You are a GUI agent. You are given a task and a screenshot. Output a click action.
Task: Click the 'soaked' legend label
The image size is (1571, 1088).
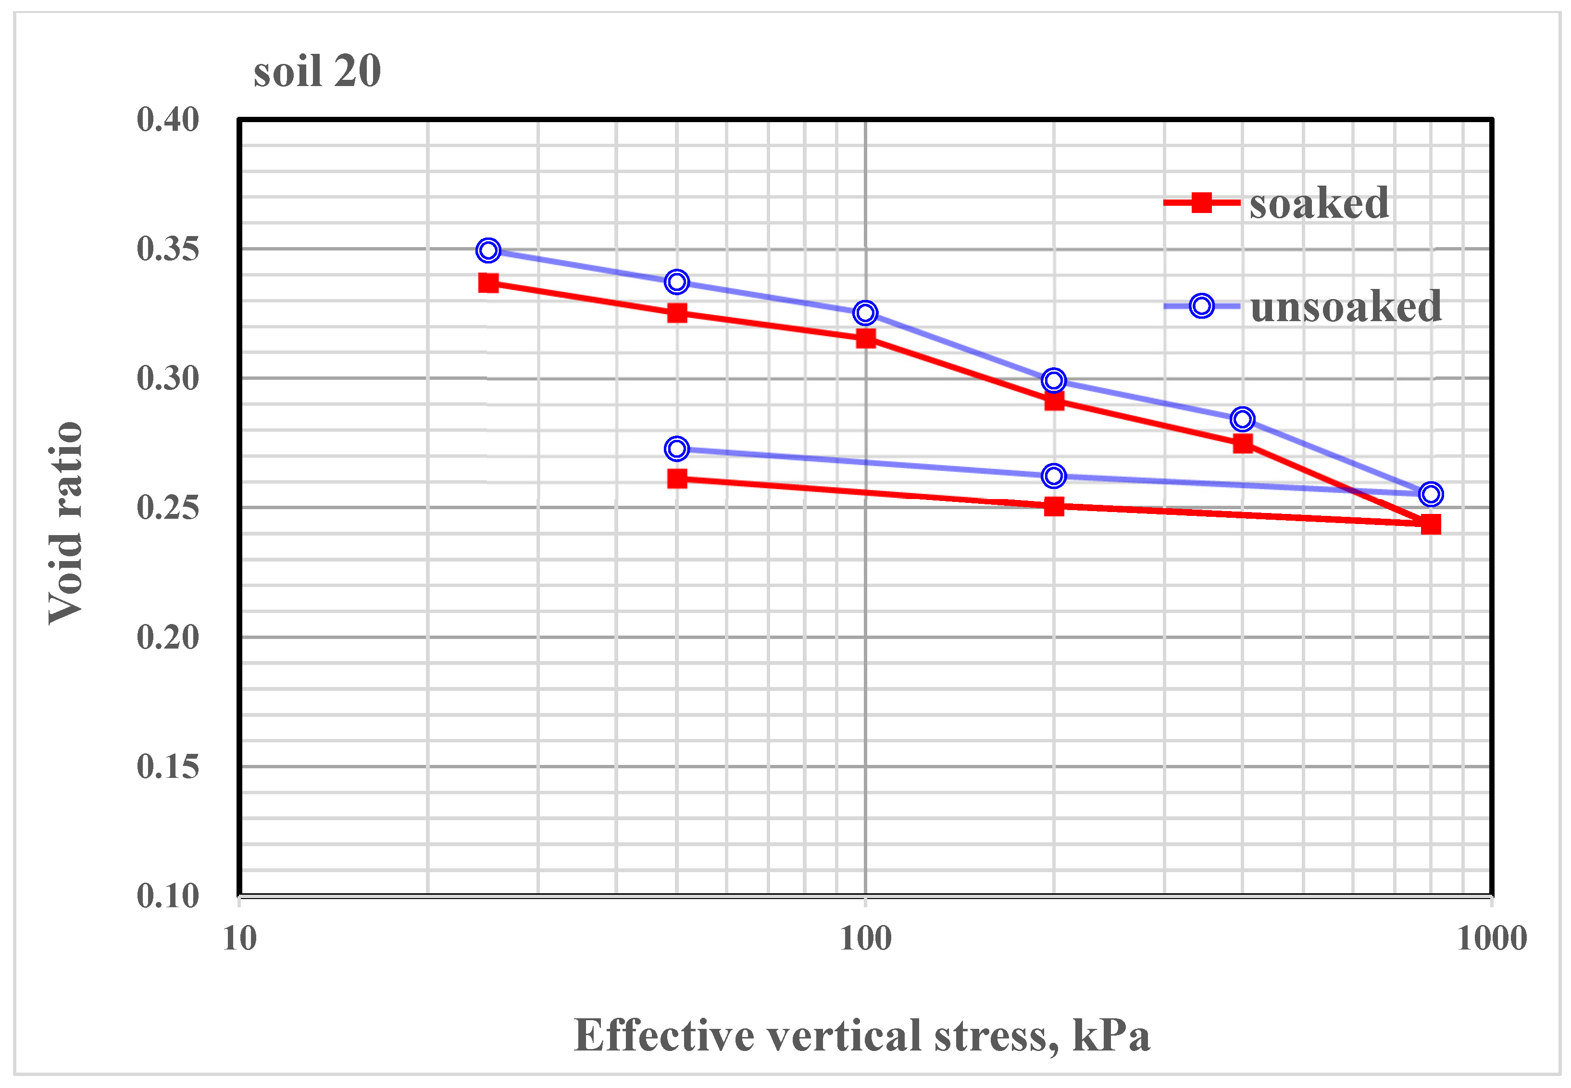1318,203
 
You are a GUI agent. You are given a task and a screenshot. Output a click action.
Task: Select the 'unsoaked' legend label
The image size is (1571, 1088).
1346,306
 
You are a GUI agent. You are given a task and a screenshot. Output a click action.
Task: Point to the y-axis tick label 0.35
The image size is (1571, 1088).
168,249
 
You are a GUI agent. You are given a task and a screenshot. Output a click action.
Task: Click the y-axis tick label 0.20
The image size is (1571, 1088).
168,638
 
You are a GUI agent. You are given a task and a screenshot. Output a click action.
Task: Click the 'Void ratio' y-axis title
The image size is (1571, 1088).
66,523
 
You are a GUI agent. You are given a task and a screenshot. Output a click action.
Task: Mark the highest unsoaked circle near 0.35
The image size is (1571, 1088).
488,250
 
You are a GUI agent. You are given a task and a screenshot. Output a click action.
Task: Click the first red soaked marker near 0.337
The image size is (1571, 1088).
488,283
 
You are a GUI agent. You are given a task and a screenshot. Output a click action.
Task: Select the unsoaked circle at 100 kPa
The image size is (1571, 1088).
865,313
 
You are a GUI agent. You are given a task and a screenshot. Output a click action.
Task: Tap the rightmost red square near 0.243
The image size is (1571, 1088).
1431,524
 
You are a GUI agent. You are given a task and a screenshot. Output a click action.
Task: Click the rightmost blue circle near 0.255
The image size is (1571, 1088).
1431,494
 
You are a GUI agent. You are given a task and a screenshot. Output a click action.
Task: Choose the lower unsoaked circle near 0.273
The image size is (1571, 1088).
676,449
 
